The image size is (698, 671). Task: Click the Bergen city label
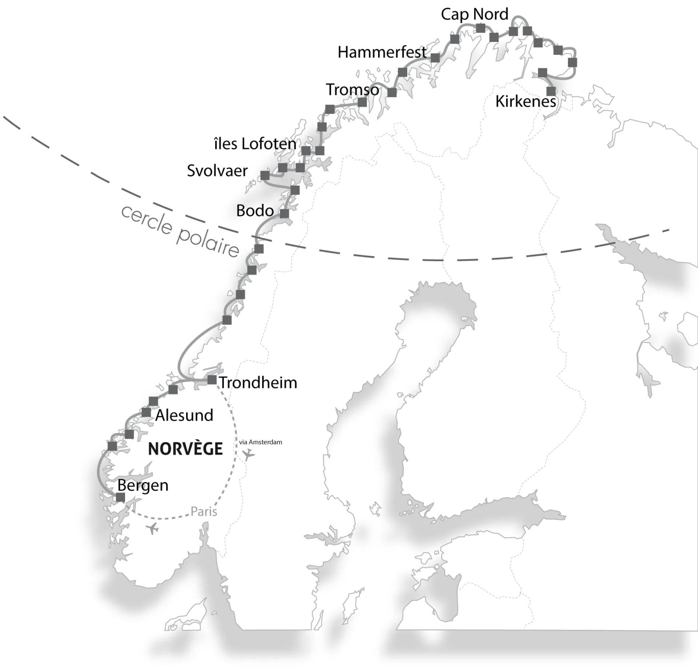(x=143, y=485)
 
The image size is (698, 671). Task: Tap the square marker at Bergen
(x=120, y=497)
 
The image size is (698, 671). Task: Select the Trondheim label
(x=258, y=383)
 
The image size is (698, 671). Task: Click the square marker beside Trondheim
(x=212, y=380)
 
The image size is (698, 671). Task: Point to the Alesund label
(x=184, y=415)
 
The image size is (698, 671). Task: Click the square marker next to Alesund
(x=146, y=412)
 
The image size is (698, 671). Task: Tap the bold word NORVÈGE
(x=185, y=449)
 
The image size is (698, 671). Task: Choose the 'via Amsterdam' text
(x=260, y=442)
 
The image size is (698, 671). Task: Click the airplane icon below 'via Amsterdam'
(x=248, y=454)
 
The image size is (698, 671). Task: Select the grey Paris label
(x=204, y=512)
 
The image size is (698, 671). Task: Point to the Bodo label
(x=255, y=211)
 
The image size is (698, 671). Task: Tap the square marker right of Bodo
(x=284, y=213)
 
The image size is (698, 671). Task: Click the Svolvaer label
(x=217, y=171)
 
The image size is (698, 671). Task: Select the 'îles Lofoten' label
(x=255, y=144)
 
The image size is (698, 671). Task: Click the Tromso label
(x=352, y=90)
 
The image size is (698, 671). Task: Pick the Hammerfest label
(x=382, y=52)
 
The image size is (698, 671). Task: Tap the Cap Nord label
(x=474, y=15)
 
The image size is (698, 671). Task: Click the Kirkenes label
(x=526, y=101)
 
